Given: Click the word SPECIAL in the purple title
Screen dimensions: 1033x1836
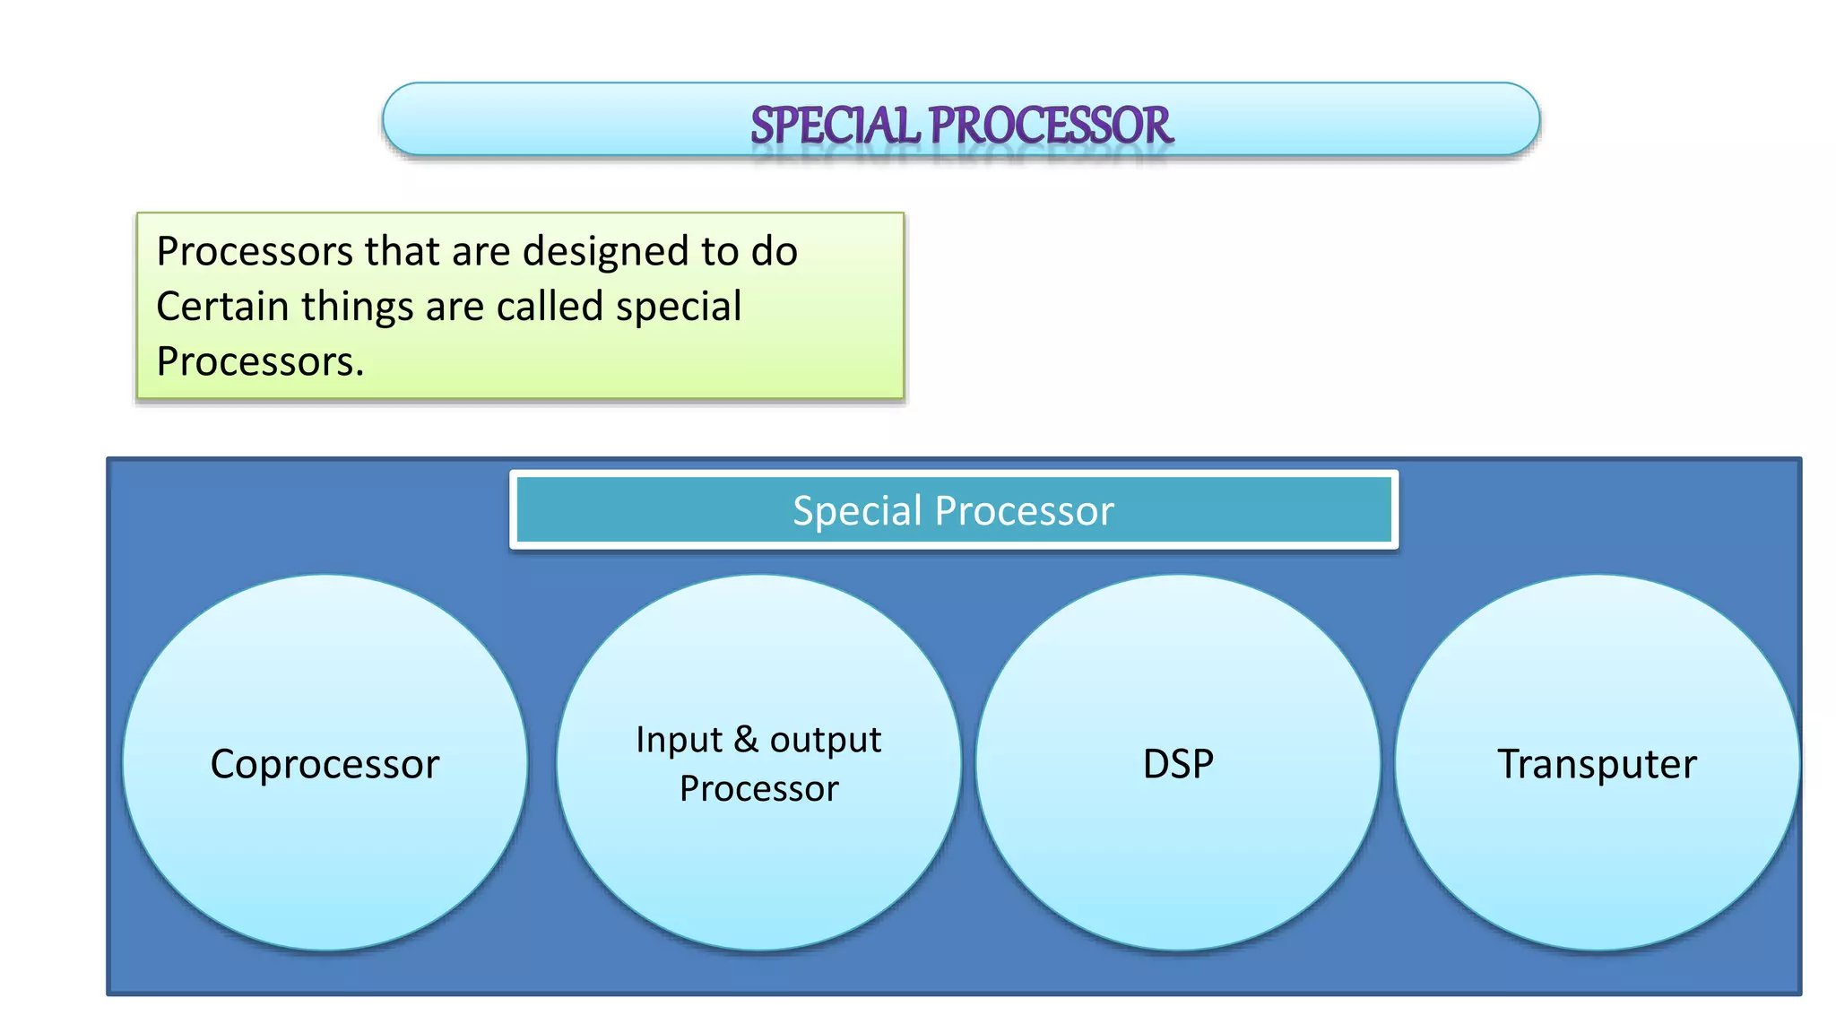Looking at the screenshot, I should pos(835,126).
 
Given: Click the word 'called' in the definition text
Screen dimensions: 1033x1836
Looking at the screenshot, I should pos(550,307).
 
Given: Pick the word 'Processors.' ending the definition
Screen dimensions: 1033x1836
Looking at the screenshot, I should pos(260,362).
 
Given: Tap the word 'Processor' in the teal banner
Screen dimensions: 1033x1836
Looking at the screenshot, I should pos(1024,511).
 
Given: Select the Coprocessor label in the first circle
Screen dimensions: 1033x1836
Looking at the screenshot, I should pos(325,765).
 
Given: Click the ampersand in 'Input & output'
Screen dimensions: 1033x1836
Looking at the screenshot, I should pos(746,740).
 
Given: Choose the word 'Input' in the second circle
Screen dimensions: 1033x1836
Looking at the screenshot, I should pos(679,740).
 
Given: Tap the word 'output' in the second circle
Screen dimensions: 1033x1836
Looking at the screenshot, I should pos(826,740).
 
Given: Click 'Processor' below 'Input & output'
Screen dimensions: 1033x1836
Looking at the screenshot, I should pos(758,789).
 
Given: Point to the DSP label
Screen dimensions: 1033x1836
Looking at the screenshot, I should pos(1178,765).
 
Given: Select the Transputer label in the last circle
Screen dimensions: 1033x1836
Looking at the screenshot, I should pos(1597,765).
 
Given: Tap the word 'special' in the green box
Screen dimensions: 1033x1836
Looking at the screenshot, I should pos(679,307).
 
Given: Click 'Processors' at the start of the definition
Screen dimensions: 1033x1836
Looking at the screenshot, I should pos(255,251).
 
